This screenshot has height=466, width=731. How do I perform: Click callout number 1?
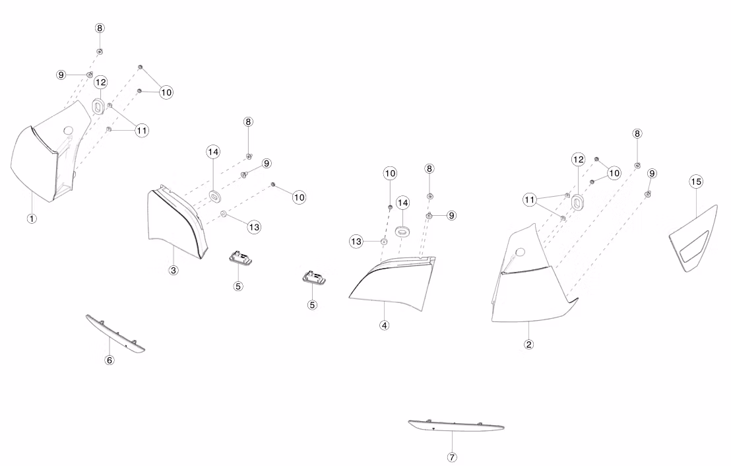pos(31,218)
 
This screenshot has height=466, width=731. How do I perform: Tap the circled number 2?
pos(528,344)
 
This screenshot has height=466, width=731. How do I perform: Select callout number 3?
pos(173,270)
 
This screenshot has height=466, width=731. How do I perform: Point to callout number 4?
pos(384,325)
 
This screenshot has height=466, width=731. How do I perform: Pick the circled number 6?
pos(110,360)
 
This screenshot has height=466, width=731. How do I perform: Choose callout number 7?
pos(452,457)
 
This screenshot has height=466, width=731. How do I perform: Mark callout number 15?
pos(696,181)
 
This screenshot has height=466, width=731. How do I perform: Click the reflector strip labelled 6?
pos(115,333)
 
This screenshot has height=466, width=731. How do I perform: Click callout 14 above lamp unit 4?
pos(402,202)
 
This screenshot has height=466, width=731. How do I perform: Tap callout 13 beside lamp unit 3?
pos(254,226)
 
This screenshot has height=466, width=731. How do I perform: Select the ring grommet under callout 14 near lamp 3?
pos(215,195)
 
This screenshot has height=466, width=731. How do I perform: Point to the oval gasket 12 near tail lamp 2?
pos(579,202)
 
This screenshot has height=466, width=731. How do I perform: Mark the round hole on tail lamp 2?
pos(519,251)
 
